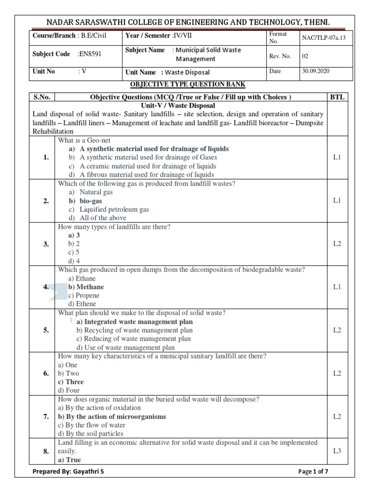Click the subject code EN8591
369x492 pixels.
click(89, 54)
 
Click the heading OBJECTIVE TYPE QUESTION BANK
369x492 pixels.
click(188, 85)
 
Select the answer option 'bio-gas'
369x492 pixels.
click(93, 201)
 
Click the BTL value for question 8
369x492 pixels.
click(337, 451)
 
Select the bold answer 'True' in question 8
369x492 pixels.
click(70, 460)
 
